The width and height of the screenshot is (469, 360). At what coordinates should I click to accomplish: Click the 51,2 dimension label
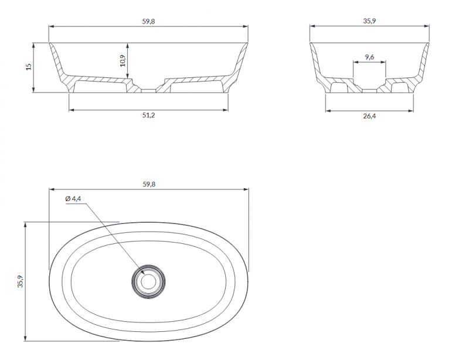(x=148, y=116)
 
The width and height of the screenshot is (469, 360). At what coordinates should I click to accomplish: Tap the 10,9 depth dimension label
(x=123, y=61)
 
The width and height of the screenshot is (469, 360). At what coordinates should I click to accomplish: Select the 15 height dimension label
(x=28, y=67)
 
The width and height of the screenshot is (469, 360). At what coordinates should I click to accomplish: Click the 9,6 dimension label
(x=369, y=57)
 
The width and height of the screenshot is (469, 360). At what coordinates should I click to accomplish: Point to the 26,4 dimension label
(x=369, y=116)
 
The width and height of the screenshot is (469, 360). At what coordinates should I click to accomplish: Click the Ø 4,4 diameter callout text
(x=73, y=199)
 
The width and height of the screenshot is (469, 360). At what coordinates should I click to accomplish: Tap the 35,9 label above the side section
(x=369, y=21)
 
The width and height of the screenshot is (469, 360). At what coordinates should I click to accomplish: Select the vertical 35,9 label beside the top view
(x=21, y=281)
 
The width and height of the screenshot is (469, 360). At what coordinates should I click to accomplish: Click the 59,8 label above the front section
(x=148, y=22)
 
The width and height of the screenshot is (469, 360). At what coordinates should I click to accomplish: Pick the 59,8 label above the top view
(x=149, y=184)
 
